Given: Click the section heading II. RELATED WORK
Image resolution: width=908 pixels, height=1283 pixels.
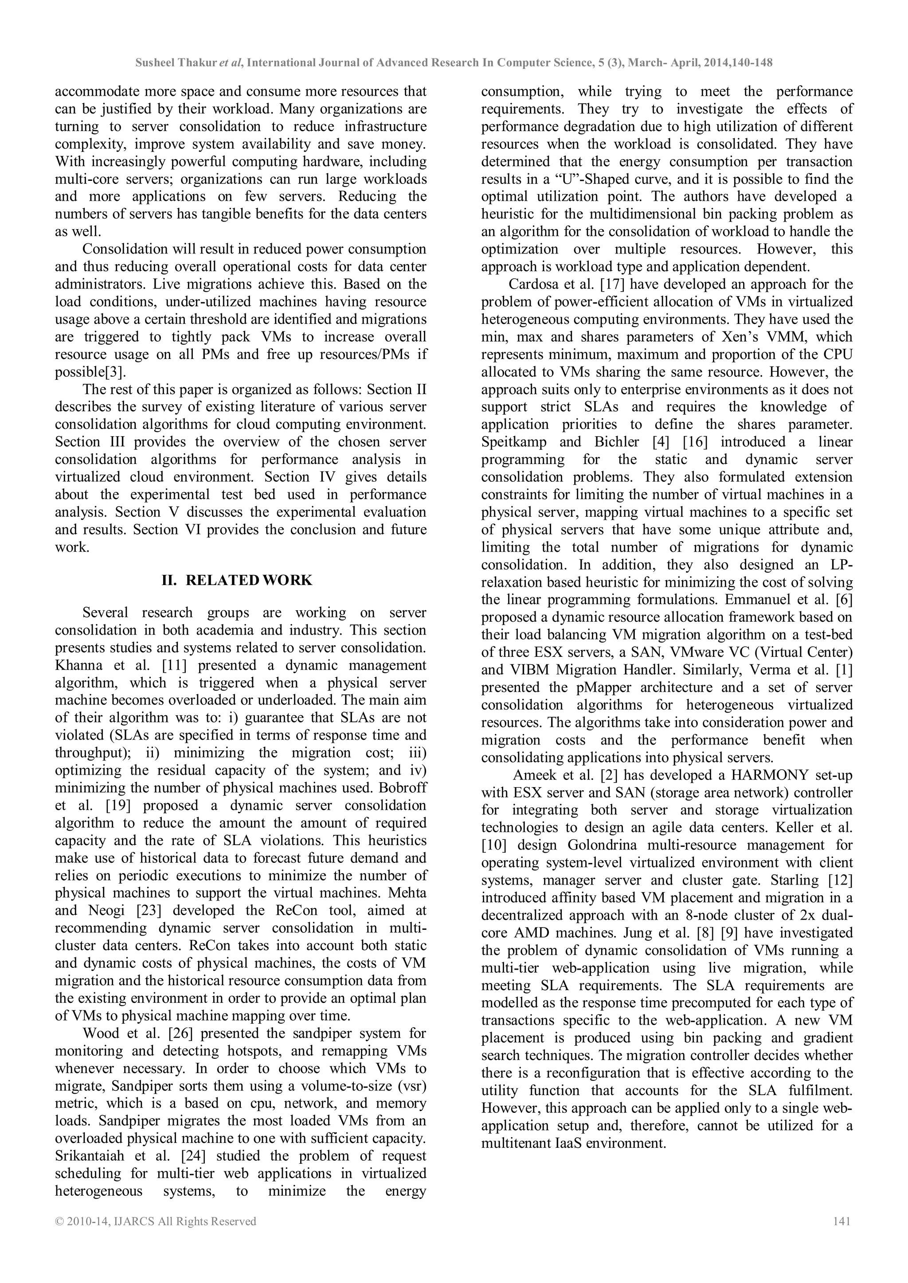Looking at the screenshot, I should [237, 580].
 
